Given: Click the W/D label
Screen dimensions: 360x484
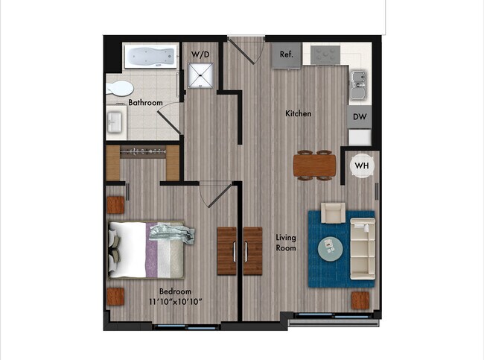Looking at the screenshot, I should point(200,54).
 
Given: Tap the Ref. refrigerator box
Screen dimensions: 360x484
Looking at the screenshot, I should point(287,54).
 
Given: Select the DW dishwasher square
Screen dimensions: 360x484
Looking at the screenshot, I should point(360,117).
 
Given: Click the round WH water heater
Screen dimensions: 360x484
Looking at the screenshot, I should point(362,165).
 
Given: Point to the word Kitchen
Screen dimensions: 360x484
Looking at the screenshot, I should point(299,114).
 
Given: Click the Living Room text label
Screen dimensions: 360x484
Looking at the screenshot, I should point(286,242).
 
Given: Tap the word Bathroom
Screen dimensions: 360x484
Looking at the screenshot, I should point(145,103).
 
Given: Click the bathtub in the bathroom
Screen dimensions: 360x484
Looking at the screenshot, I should point(150,56).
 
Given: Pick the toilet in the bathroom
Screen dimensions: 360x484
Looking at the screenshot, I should point(119,88).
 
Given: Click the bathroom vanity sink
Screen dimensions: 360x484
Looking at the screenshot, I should point(115,121).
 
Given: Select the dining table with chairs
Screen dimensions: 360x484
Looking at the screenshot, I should point(314,165).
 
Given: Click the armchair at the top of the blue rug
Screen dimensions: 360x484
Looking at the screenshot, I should point(331,214).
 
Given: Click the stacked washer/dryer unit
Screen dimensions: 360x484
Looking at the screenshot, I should point(200,75).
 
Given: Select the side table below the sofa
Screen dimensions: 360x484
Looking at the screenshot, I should point(360,300).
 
